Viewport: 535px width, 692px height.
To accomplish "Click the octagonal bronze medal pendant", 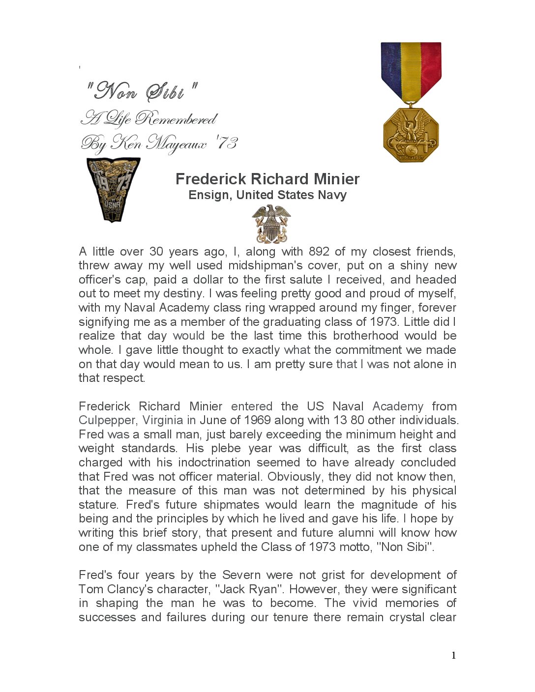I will click(x=411, y=135).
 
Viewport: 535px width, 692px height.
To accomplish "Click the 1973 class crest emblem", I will click(x=113, y=189).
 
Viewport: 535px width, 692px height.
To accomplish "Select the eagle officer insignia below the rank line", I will click(x=271, y=224).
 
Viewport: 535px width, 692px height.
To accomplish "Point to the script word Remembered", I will click(x=176, y=118).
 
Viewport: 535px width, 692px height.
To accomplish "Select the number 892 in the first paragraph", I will click(x=319, y=252).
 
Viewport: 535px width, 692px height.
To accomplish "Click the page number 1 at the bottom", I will click(x=453, y=655).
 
